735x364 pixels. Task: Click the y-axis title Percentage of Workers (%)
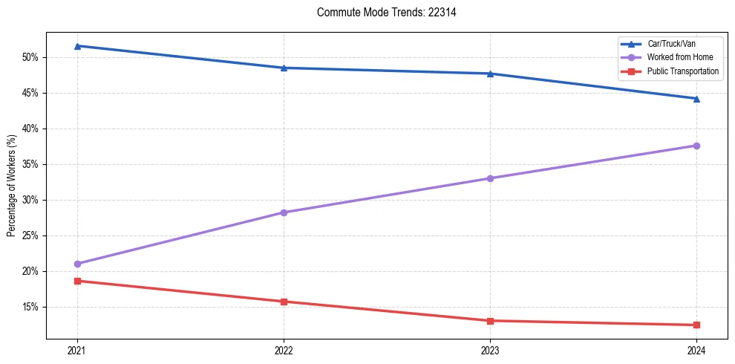12,185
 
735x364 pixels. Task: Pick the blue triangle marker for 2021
77,46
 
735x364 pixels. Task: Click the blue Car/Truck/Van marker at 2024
696,98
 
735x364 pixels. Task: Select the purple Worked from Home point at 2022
284,212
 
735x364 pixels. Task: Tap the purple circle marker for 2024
696,146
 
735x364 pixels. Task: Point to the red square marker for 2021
77,281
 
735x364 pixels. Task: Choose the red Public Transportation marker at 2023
490,321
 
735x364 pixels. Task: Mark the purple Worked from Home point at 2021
77,264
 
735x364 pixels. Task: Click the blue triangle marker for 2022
284,68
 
